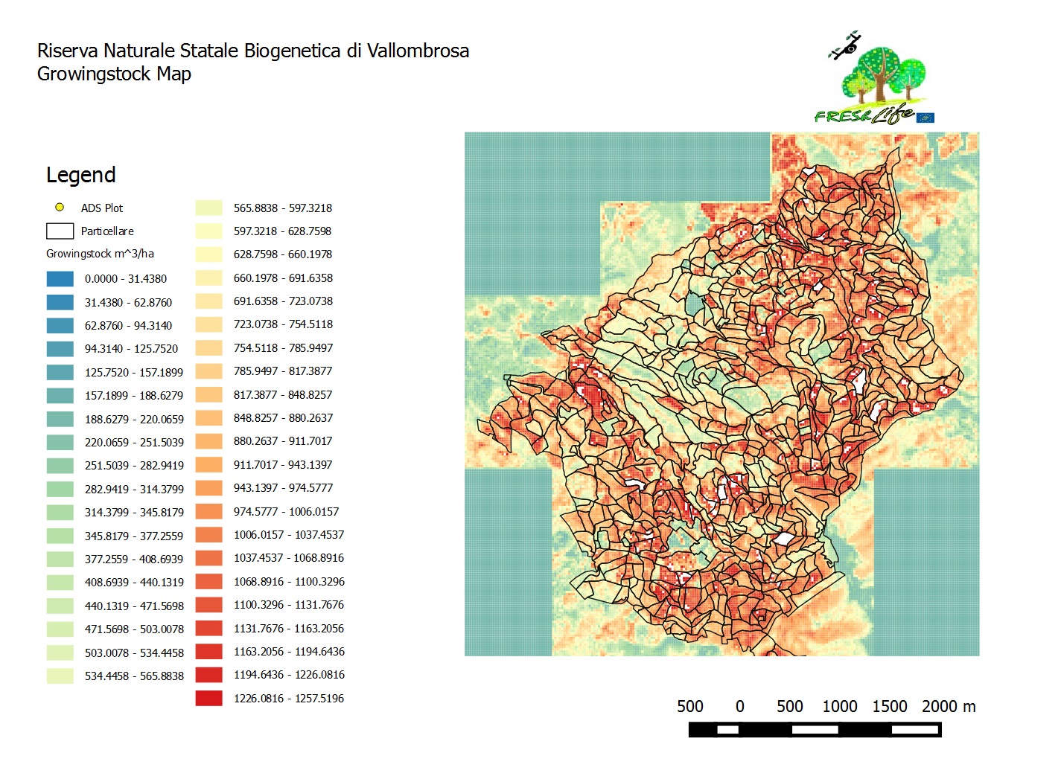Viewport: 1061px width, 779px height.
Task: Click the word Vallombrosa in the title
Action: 418,51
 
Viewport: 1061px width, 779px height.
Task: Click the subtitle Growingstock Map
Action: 114,74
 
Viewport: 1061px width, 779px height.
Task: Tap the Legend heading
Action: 80,175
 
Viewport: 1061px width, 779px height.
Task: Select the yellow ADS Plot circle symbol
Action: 60,208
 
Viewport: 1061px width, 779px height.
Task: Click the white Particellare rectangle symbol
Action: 60,231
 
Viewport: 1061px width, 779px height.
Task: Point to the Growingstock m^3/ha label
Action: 100,254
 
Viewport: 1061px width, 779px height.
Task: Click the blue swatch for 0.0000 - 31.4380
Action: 60,279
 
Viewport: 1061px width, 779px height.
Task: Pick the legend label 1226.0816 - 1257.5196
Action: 288,699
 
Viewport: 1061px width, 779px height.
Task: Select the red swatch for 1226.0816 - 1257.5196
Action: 208,699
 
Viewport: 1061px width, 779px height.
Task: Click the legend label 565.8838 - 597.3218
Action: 282,208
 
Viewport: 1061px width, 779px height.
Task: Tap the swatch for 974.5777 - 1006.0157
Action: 208,512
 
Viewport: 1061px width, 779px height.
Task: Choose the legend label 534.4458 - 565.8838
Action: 134,676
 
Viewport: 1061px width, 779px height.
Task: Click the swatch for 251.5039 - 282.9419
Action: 60,466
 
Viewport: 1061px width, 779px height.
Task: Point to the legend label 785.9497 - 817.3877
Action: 282,371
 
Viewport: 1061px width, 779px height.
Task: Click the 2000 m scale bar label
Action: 948,706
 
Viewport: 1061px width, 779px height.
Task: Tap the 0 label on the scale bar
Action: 739,706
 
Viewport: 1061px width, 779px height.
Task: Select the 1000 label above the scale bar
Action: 839,706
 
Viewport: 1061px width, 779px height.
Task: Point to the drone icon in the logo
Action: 846,46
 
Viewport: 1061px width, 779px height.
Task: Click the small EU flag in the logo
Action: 925,118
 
